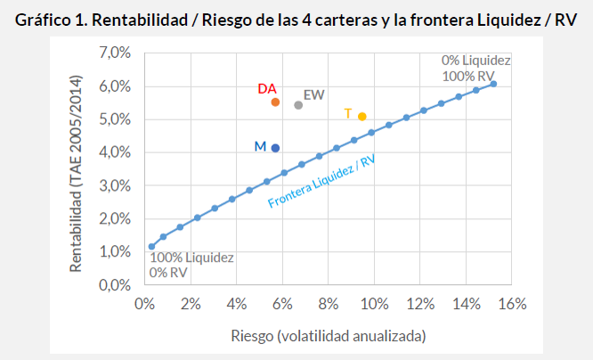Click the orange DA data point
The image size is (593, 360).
point(275,102)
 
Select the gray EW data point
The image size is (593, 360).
point(298,105)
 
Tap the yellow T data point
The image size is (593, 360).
point(362,117)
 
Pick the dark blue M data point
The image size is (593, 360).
point(275,148)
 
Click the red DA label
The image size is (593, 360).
point(266,89)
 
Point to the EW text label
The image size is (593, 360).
point(313,94)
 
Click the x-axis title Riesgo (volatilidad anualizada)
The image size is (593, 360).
point(329,336)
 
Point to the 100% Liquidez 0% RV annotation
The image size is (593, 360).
point(191,265)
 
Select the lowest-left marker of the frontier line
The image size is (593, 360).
point(151,247)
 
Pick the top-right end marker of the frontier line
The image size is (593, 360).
point(493,84)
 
